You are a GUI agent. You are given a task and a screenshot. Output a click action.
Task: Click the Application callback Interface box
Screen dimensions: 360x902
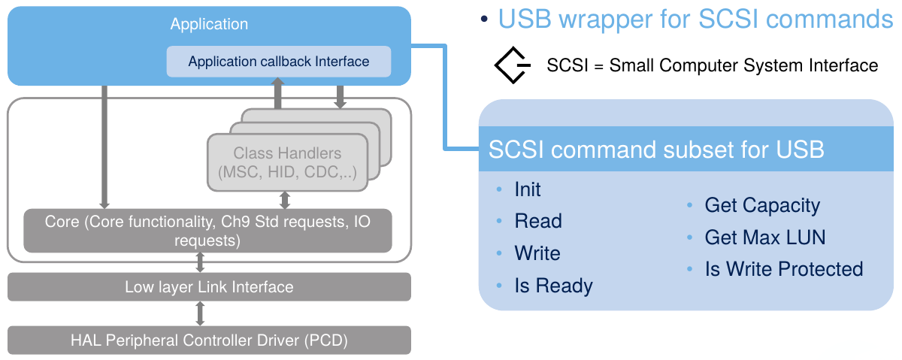click(x=279, y=62)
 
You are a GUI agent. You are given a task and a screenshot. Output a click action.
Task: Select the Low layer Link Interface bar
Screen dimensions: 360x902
click(x=209, y=287)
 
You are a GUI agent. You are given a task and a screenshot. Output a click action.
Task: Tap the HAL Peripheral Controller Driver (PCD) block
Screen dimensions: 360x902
click(x=209, y=340)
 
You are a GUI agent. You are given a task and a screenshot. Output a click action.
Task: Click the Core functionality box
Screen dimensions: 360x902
click(x=207, y=231)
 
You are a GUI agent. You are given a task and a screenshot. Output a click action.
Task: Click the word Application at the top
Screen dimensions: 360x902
click(x=209, y=24)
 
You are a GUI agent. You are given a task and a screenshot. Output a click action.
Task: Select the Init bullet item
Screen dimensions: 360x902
click(x=528, y=189)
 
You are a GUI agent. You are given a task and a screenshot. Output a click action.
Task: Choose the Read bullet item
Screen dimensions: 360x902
click(x=538, y=221)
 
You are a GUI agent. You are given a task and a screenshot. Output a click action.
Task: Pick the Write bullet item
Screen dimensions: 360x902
click(x=537, y=253)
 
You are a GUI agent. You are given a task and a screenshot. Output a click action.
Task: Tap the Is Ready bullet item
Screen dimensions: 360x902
click(x=553, y=286)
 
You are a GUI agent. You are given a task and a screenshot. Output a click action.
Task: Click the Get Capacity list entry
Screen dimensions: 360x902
click(x=762, y=205)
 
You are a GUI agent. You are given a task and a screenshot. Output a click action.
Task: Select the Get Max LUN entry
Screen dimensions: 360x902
click(x=764, y=237)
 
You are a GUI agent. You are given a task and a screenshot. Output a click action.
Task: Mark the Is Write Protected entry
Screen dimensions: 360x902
click(x=783, y=269)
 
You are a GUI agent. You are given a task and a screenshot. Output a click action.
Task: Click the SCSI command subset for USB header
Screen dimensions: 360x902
click(x=656, y=149)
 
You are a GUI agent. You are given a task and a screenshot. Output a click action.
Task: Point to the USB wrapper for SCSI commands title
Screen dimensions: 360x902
click(x=695, y=20)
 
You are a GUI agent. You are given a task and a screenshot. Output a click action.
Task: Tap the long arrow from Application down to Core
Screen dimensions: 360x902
click(x=104, y=147)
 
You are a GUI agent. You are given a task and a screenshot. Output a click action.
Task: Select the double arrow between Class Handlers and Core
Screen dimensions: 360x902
click(x=285, y=199)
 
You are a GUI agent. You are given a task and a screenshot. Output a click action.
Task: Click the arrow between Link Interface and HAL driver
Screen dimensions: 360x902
click(x=200, y=313)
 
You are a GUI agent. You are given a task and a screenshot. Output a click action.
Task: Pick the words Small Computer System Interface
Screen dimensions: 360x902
click(x=743, y=65)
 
